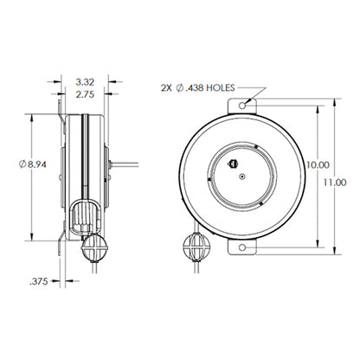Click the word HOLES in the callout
pos(219,88)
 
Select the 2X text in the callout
pos(167,88)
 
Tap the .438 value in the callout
pos(194,88)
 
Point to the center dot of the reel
pos(241,176)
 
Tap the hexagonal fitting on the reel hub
pos(232,163)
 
